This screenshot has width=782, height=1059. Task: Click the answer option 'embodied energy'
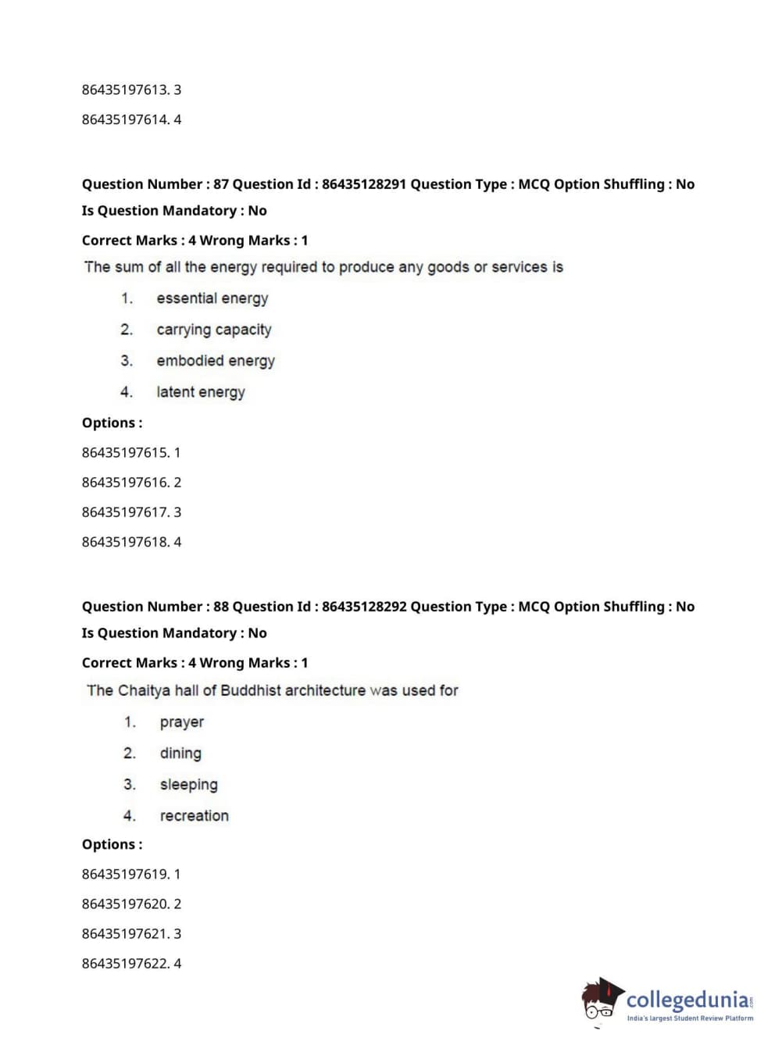click(216, 361)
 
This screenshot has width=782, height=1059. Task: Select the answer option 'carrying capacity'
click(213, 330)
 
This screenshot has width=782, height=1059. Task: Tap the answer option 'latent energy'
click(200, 392)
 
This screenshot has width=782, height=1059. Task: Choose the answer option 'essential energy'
click(212, 298)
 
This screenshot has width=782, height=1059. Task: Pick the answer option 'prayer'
click(181, 722)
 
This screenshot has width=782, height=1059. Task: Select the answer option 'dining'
click(180, 754)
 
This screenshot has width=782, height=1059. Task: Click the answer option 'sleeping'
click(188, 785)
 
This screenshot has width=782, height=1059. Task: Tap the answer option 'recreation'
click(194, 816)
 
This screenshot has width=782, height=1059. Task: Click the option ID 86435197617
click(125, 512)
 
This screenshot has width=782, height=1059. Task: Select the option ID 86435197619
click(125, 874)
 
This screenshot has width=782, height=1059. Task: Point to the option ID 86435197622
click(125, 964)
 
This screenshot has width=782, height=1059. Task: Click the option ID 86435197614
click(125, 119)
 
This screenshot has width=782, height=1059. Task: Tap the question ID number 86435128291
click(364, 184)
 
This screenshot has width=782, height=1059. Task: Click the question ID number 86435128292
click(364, 607)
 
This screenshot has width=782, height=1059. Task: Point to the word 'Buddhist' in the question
click(251, 690)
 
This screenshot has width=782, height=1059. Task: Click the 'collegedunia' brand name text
click(687, 1000)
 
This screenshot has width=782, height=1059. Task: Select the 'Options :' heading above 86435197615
click(112, 423)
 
